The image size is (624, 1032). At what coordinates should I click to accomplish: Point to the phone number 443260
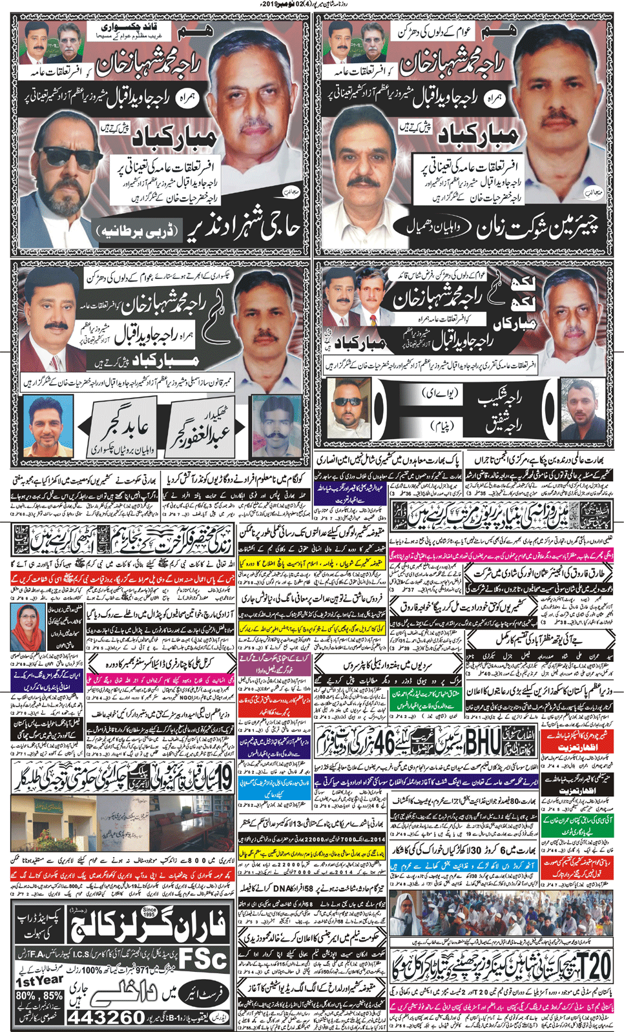pyautogui.click(x=106, y=1017)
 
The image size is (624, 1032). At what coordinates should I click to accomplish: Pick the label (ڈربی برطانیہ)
pyautogui.click(x=138, y=231)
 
